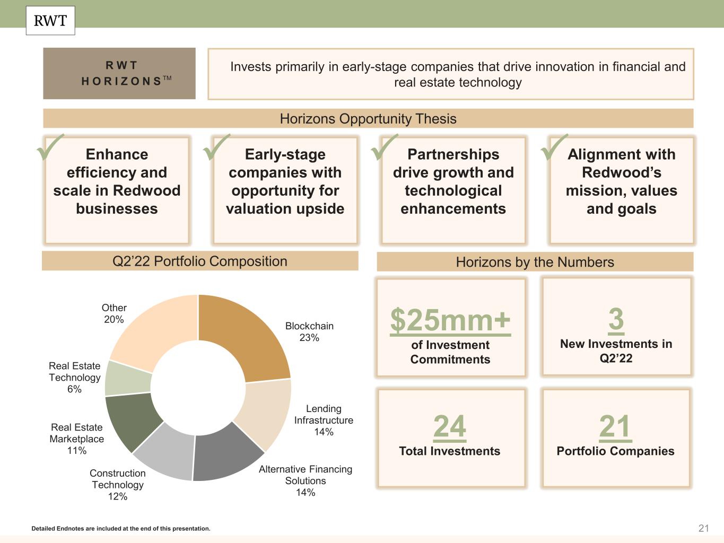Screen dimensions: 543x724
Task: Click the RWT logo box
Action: pos(50,21)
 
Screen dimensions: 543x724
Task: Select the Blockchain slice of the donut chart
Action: pos(244,334)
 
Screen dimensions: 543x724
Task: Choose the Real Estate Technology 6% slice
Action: pos(127,378)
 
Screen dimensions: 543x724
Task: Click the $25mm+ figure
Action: pos(450,320)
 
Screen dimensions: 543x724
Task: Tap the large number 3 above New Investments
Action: pos(616,319)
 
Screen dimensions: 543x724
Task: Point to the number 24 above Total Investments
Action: pos(450,426)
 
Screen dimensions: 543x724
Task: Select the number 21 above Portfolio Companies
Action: pos(615,426)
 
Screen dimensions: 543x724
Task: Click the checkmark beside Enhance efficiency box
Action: pos(50,147)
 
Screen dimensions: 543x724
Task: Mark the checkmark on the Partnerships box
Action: pos(385,147)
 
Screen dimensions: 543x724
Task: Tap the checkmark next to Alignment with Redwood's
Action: pos(554,147)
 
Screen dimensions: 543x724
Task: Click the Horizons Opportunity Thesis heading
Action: pos(368,119)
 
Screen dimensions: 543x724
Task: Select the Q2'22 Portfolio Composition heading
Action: pos(200,261)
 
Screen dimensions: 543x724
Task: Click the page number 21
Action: pos(704,528)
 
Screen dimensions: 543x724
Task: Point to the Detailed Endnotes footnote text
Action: pos(121,529)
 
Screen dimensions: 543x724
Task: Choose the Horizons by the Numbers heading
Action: pos(535,262)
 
